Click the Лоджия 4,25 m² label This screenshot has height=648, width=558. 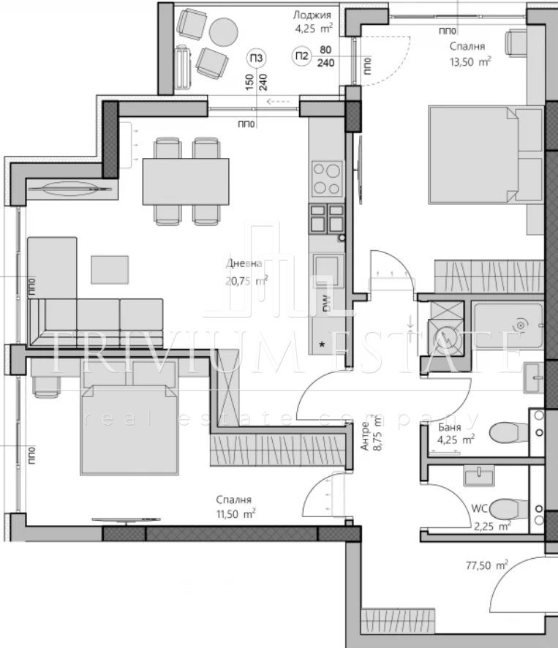(x=313, y=22)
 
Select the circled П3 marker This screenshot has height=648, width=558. (x=256, y=58)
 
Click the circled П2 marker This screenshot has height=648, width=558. (x=302, y=56)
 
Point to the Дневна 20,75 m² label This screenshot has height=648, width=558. (x=246, y=272)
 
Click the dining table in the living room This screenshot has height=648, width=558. (x=186, y=181)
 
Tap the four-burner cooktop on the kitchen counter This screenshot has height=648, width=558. (x=327, y=178)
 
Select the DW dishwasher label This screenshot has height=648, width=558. (x=327, y=304)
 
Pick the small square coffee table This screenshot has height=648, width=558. (x=110, y=269)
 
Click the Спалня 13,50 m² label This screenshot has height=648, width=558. (x=469, y=53)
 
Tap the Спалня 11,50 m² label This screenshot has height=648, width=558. (x=235, y=507)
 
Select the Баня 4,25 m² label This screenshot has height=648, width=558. (x=455, y=434)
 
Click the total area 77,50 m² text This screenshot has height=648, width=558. (x=486, y=565)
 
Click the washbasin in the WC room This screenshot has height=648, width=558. (x=478, y=475)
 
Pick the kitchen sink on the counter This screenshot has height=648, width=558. (x=328, y=271)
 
